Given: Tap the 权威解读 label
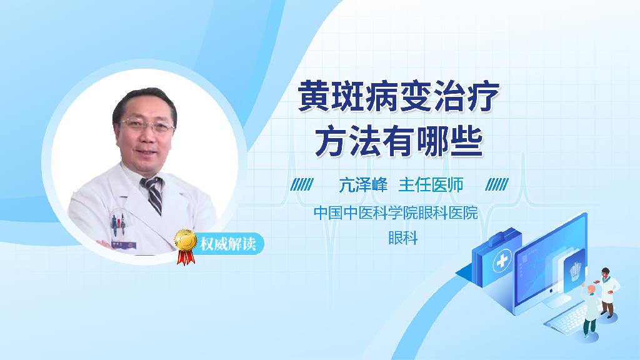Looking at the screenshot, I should [x=227, y=243].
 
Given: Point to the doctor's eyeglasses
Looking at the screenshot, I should [x=148, y=125].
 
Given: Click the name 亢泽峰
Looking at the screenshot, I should [x=363, y=185].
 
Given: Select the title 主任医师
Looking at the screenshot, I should [x=431, y=185].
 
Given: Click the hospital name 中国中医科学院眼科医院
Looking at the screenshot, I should [x=396, y=213].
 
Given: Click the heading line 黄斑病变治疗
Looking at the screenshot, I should [x=399, y=98].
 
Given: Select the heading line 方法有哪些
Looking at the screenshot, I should [x=399, y=141].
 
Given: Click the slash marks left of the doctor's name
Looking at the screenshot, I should [x=302, y=185].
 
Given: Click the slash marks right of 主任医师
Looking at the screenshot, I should [x=497, y=185].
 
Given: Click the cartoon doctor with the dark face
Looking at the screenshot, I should [x=607, y=291].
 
